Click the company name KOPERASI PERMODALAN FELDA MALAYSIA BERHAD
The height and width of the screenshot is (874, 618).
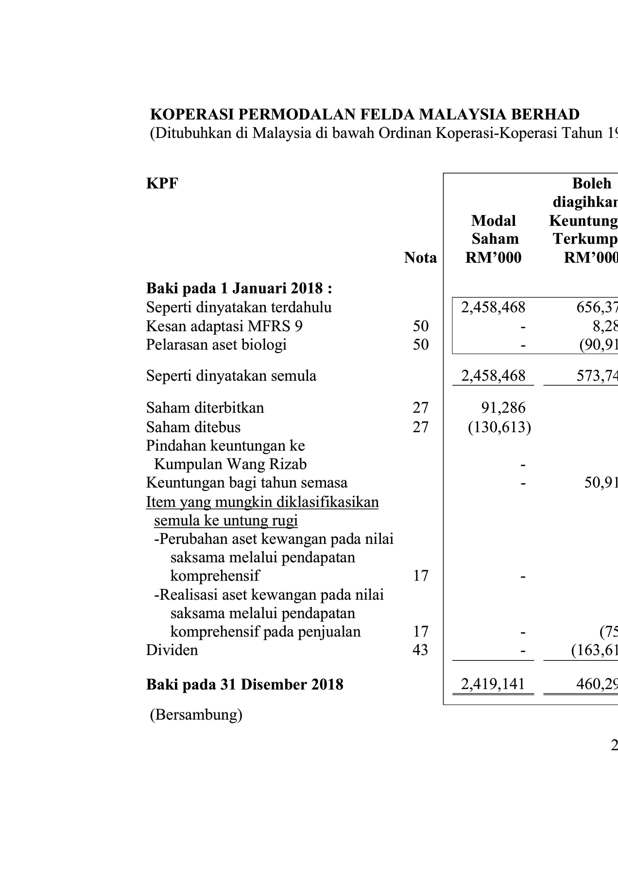click(365, 114)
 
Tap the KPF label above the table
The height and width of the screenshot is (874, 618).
click(162, 184)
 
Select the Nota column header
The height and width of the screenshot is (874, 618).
click(420, 258)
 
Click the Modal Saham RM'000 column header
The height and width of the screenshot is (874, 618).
click(493, 239)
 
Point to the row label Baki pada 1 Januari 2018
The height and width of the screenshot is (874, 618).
click(239, 288)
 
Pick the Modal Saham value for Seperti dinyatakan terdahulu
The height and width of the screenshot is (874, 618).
click(493, 307)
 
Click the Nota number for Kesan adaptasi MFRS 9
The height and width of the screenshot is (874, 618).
click(421, 326)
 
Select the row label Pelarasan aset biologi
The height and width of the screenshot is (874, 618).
click(216, 345)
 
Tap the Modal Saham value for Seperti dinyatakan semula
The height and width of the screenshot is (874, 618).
click(493, 376)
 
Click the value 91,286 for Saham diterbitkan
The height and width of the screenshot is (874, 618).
click(503, 407)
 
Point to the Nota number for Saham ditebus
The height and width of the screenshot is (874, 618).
click(421, 427)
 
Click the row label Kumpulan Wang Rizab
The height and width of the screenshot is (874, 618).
click(230, 464)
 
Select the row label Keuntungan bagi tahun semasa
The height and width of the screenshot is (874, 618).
click(247, 483)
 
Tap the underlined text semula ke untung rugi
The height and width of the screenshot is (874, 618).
click(226, 521)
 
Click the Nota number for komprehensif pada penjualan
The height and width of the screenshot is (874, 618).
click(421, 631)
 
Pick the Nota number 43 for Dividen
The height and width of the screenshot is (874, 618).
click(421, 650)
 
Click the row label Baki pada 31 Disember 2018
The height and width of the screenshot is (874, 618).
click(245, 685)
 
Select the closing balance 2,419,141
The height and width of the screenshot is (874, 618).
click(493, 684)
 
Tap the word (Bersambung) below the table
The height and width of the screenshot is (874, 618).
click(196, 715)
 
